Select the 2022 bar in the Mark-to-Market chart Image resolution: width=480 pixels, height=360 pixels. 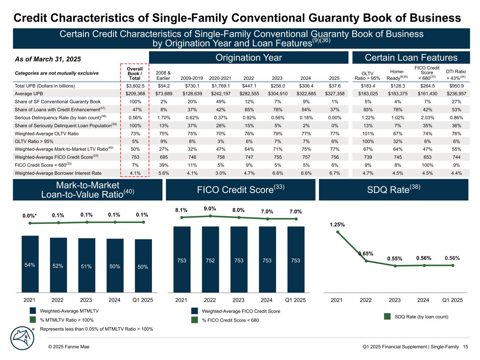(58, 265)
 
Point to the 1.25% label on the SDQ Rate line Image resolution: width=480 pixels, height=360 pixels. (337, 225)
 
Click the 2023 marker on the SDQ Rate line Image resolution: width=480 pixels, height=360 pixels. (395, 266)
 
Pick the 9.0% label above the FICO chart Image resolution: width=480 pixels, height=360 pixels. (210, 209)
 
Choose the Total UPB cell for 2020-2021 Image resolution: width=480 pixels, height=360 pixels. (221, 86)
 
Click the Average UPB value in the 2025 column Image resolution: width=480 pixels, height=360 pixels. (334, 94)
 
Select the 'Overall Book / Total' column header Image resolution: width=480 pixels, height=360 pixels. (135, 73)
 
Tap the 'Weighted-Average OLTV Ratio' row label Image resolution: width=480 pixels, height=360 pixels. (47, 134)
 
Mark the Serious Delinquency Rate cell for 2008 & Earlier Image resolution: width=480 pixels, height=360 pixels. (164, 118)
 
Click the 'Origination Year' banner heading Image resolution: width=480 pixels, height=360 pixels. (249, 58)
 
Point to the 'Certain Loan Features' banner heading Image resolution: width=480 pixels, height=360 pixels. (411, 58)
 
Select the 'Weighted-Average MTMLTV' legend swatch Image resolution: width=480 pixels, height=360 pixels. (33, 311)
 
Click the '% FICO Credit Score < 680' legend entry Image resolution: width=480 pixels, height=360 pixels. (230, 320)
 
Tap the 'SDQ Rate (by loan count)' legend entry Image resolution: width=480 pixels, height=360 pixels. (421, 317)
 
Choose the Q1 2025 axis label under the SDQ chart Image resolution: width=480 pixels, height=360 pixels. (452, 300)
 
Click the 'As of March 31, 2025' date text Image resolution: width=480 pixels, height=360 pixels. (48, 59)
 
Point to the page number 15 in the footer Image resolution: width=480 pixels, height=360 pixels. (465, 347)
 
